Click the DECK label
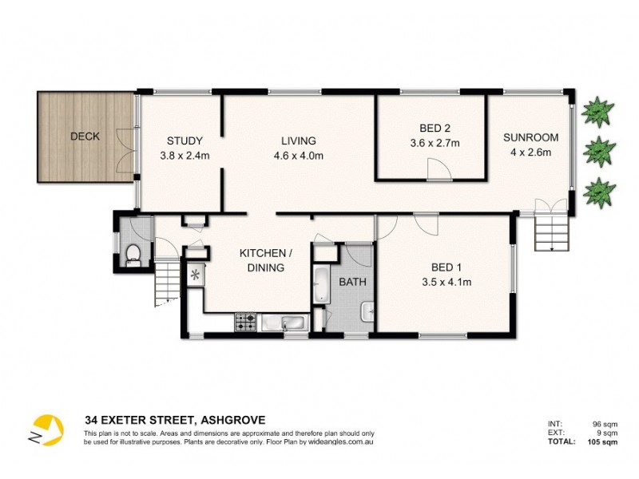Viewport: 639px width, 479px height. click(x=85, y=137)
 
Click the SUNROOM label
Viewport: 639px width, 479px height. click(x=530, y=137)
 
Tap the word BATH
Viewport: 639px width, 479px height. click(x=352, y=282)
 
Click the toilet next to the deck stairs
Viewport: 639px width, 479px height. click(x=133, y=255)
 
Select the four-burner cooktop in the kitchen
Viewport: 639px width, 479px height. click(x=244, y=323)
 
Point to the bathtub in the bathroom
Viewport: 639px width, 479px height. click(x=320, y=286)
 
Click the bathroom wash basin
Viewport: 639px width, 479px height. click(x=367, y=312)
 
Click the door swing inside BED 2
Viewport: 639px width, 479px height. click(x=437, y=168)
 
